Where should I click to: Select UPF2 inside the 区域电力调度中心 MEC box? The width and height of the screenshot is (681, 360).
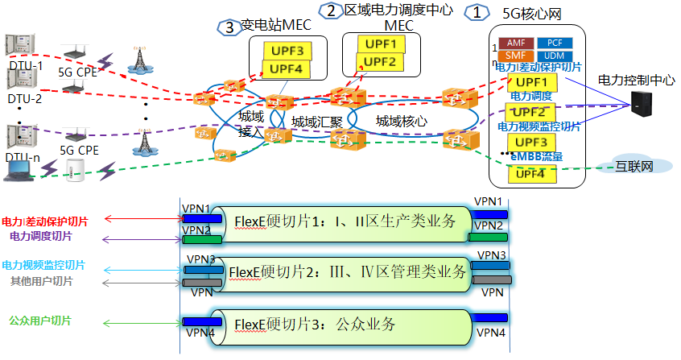click(375, 62)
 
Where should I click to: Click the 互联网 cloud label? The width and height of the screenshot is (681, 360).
click(634, 167)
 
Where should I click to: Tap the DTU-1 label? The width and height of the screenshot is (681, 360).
click(25, 64)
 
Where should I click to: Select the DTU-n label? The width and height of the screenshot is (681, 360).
click(23, 157)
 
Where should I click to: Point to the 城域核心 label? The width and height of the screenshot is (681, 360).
click(402, 122)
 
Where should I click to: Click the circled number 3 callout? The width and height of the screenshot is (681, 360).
click(229, 27)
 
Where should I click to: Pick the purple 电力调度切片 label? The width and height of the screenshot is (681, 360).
click(41, 237)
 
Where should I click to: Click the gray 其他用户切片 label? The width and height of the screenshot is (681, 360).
click(41, 281)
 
